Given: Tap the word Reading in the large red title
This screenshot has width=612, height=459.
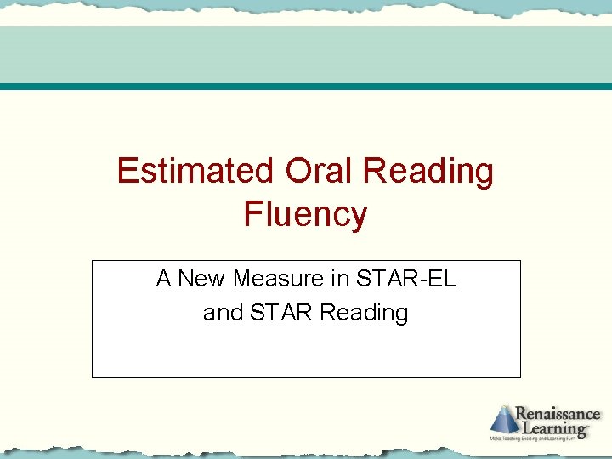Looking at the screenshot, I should coord(428,173).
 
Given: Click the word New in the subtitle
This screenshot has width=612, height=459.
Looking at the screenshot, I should coord(204,279).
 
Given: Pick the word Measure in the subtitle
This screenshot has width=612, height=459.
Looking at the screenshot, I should coord(277,279).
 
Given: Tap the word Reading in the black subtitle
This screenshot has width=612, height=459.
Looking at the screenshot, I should coord(364,314).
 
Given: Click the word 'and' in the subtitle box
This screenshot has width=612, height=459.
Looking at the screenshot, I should coord(222,313).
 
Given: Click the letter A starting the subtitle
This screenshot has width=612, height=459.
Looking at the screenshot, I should coord(164,279).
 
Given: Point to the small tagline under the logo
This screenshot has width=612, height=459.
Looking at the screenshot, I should coord(545,439).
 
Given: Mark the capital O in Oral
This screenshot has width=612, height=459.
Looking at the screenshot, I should coord(298,171).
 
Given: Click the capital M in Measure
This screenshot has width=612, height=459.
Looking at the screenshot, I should coord(241,279).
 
